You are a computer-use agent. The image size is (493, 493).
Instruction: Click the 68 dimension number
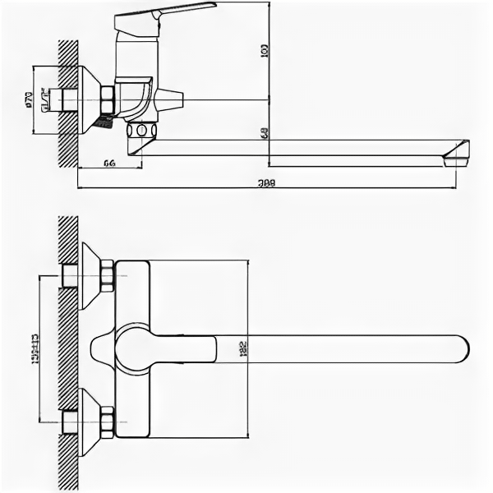pos(265,131)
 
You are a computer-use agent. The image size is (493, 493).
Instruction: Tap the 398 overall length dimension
pos(265,182)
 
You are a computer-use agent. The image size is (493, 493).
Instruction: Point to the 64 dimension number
pos(108,164)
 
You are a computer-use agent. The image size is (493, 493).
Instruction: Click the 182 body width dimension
pos(242,348)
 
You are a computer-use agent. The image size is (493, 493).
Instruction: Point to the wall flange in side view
pos(89,100)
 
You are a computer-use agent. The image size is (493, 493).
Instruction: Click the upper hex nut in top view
pos(107,275)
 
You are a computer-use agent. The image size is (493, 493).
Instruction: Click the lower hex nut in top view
pos(107,422)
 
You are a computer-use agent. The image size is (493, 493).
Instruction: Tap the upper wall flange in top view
pos(90,275)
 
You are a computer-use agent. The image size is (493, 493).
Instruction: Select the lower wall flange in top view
pos(90,422)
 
